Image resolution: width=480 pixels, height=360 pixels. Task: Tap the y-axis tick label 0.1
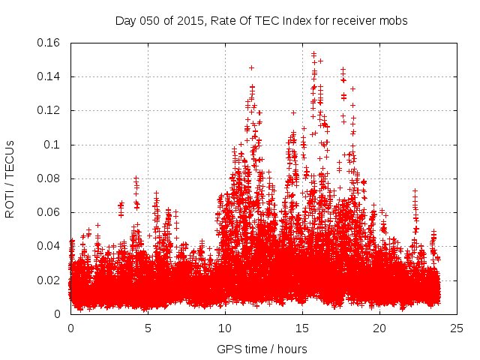point(55,145)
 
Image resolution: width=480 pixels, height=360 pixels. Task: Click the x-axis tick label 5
point(148,328)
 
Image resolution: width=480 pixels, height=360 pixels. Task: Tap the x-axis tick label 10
point(225,328)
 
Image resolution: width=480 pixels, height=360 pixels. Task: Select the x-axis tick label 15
point(302,328)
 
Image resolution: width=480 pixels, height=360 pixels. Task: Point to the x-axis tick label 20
point(379,328)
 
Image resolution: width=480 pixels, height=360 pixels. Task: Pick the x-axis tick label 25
point(457,328)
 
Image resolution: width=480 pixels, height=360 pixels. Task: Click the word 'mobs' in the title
point(394,21)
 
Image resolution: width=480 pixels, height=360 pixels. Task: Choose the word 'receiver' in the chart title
point(352,21)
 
